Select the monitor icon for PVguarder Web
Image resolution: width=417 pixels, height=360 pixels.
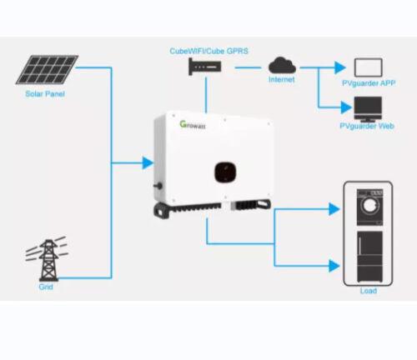tap(368, 107)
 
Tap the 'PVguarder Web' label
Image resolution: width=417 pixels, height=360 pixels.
tap(367, 126)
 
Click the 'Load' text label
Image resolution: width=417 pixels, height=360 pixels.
tap(368, 291)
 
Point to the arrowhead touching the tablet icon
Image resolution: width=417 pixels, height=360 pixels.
tap(339, 67)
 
